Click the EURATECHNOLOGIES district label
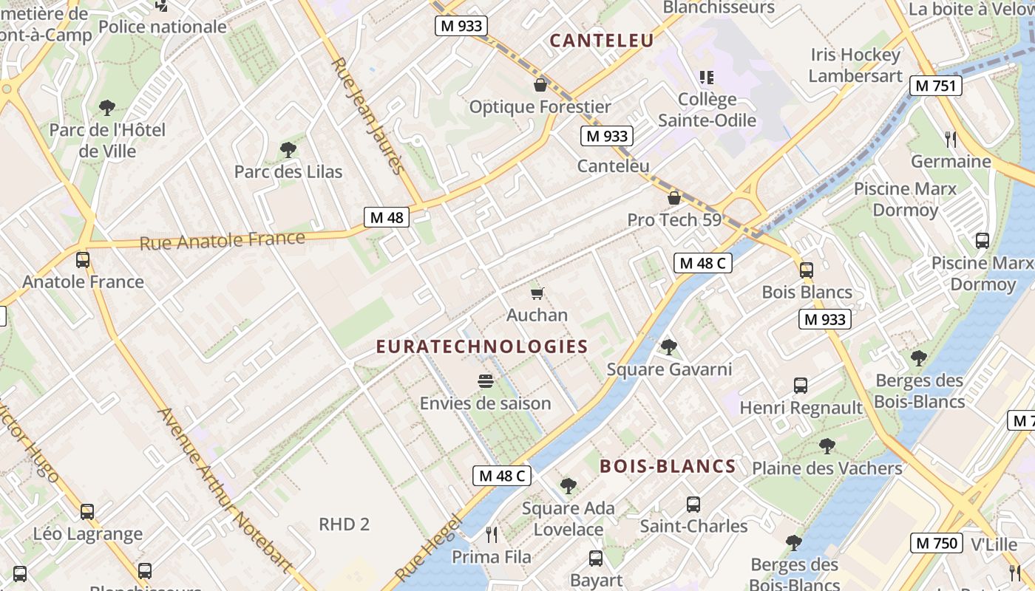(x=482, y=346)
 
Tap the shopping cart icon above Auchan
(x=537, y=293)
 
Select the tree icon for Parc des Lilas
(x=288, y=150)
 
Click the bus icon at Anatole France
(x=83, y=260)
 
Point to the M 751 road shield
(x=935, y=86)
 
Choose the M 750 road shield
(x=936, y=543)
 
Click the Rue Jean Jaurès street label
(x=368, y=116)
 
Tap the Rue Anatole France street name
(x=222, y=240)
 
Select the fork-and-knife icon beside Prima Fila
(x=492, y=534)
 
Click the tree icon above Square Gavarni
(x=669, y=346)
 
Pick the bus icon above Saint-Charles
(x=693, y=505)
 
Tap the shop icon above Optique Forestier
(x=540, y=85)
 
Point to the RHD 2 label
(x=344, y=525)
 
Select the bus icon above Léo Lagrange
(x=87, y=511)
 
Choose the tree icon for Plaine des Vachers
(x=827, y=446)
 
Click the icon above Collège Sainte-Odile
(x=707, y=77)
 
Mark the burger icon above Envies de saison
(x=486, y=381)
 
